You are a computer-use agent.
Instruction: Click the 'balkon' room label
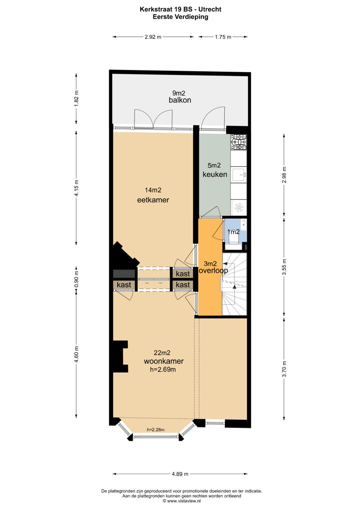pos(180,100)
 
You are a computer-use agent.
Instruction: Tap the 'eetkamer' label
pos(153,200)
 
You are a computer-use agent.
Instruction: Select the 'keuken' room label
pos(215,174)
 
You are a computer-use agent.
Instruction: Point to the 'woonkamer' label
pos(164,361)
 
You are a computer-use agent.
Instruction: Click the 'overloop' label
pos(213,271)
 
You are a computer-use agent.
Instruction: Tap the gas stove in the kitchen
pos(239,142)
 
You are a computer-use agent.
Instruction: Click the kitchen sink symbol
pos(239,174)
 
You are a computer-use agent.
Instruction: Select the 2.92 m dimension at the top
pos(153,37)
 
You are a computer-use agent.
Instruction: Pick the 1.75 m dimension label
pos(223,37)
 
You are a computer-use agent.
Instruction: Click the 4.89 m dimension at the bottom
pos(180,474)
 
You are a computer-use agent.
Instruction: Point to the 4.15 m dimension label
pos(76,188)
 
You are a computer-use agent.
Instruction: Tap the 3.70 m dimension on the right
pos(284,369)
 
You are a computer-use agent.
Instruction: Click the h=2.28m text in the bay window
pos(156,430)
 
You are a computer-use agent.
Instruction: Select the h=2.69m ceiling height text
pos(163,369)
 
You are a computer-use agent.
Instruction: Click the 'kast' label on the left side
pos(124,285)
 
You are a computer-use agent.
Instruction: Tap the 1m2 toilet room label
pos(233,232)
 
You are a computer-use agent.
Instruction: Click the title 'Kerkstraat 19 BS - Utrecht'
pos(180,9)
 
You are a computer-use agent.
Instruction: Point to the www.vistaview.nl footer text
pos(182,501)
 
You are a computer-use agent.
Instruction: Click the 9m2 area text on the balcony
pos(178,93)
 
